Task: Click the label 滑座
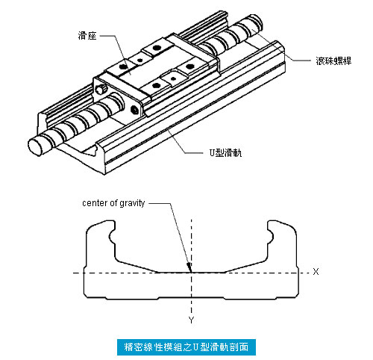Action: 87,36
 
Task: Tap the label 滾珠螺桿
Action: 333,60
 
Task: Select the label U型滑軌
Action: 225,152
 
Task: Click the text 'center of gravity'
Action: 113,203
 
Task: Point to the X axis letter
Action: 316,271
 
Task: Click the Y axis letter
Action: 191,320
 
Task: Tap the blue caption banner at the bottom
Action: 186,347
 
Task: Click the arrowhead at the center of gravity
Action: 189,267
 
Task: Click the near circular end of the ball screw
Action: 35,147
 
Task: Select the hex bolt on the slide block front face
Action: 134,110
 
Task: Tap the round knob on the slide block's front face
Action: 101,89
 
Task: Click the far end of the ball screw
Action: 257,20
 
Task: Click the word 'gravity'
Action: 132,204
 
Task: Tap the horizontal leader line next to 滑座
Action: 108,36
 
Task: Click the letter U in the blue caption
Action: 195,347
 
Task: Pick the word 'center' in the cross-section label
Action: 95,204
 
